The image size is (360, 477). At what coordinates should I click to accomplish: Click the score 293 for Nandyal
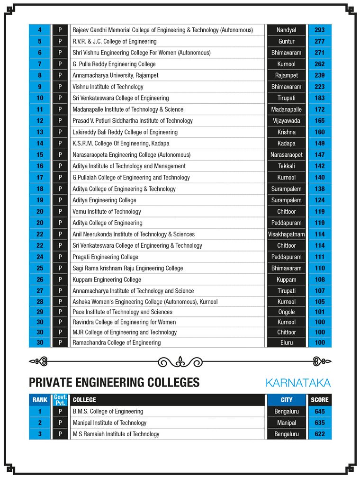319,30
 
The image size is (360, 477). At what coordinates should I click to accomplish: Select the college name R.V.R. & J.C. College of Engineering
114,41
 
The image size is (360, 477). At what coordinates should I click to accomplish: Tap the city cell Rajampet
286,75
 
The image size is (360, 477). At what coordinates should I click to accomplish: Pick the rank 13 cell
40,132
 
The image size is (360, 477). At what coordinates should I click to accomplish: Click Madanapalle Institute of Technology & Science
128,109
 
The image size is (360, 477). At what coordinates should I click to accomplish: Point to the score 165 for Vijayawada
319,121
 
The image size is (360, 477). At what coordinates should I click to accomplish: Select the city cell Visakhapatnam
286,234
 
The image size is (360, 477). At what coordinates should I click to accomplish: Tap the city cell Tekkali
286,166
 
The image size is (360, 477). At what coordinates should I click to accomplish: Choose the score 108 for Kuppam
319,279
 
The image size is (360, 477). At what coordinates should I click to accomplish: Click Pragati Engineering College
105,257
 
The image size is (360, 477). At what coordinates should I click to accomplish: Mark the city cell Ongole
286,312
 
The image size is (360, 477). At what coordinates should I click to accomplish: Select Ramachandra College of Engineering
117,342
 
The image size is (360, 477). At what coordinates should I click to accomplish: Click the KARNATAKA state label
298,383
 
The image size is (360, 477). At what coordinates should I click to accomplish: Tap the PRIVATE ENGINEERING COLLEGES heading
114,383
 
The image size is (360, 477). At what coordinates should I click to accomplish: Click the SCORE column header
319,400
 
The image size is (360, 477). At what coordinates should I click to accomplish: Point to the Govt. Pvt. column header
60,400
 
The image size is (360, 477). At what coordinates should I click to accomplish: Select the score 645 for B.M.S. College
319,412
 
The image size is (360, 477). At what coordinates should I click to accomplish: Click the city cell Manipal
286,423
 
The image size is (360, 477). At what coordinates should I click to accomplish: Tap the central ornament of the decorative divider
180,362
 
